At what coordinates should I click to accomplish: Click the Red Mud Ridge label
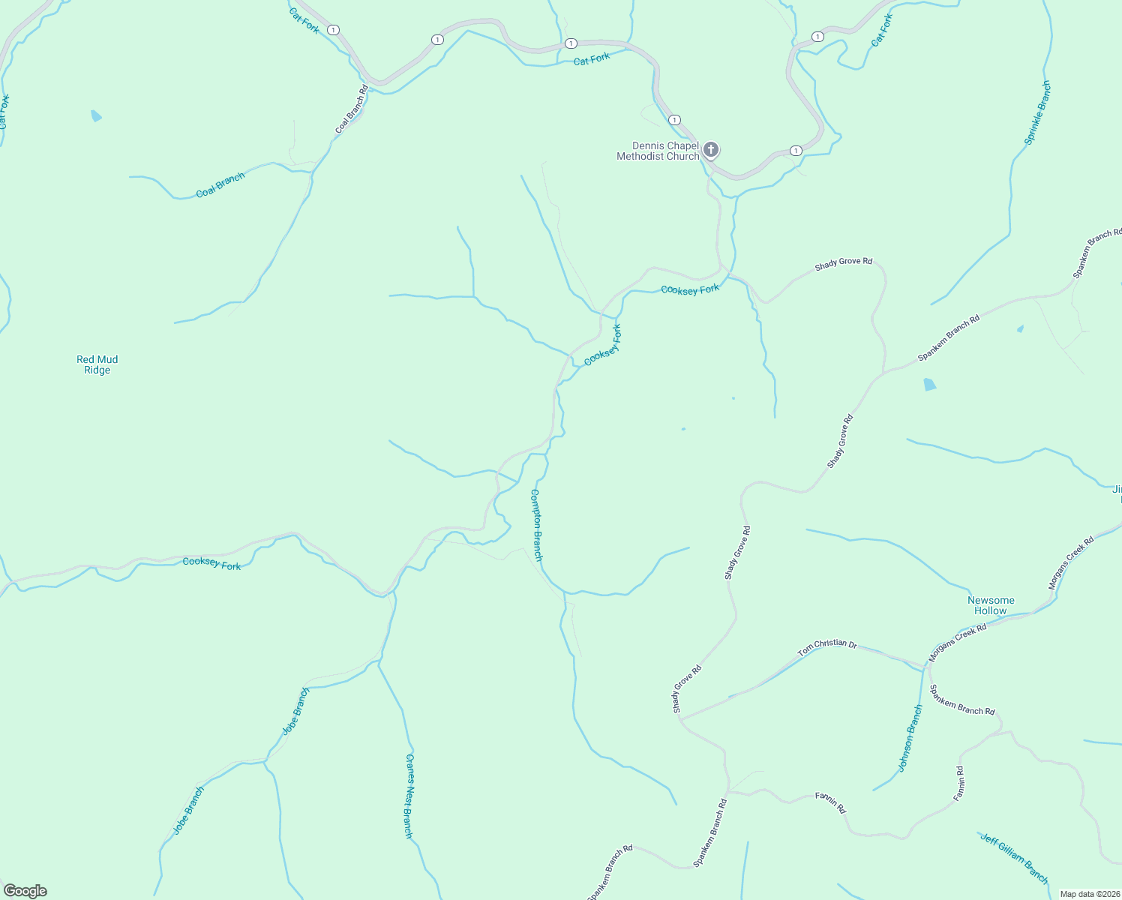(97, 364)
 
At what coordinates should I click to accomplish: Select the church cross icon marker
(711, 149)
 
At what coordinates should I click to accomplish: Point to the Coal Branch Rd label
(352, 109)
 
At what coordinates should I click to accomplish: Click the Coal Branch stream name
(220, 184)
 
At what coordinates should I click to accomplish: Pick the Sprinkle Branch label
(1037, 112)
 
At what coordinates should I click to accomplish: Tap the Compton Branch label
(536, 525)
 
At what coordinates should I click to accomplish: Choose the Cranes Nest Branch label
(409, 796)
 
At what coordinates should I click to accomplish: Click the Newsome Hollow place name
(991, 605)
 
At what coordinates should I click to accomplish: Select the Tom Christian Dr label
(826, 649)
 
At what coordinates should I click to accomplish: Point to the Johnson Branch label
(910, 738)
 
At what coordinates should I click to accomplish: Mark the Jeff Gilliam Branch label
(1014, 858)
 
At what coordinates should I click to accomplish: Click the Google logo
(25, 891)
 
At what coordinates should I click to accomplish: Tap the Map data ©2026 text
(1088, 894)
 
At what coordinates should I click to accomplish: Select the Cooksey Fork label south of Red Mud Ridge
(212, 563)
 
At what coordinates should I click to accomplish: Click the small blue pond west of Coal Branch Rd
(96, 115)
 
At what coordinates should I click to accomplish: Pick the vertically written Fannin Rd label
(960, 784)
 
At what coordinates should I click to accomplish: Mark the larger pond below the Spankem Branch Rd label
(930, 385)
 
